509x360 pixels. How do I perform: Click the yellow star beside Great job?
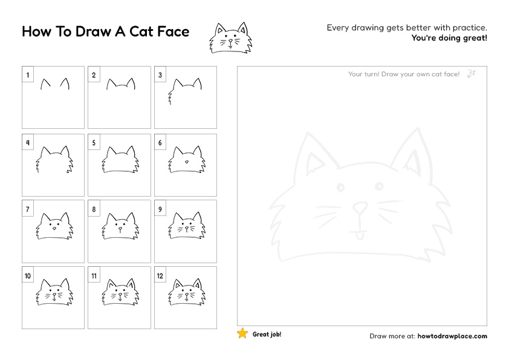(x=242, y=333)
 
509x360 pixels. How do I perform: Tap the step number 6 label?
(x=160, y=143)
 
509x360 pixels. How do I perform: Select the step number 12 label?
(x=161, y=276)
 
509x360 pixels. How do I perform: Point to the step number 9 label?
(x=160, y=210)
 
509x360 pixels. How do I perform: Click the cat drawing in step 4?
(x=53, y=159)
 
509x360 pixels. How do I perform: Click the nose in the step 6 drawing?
(x=186, y=162)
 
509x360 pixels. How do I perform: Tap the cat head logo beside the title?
(x=229, y=38)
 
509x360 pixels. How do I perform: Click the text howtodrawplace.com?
(x=452, y=336)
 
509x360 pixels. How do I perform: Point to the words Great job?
(x=267, y=334)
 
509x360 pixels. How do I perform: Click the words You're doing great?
(x=449, y=38)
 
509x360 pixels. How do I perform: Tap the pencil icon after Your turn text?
(x=472, y=74)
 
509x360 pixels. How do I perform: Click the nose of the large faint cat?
(x=361, y=208)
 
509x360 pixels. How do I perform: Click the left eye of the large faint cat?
(x=339, y=185)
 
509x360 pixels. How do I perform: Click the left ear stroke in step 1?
(x=44, y=85)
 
